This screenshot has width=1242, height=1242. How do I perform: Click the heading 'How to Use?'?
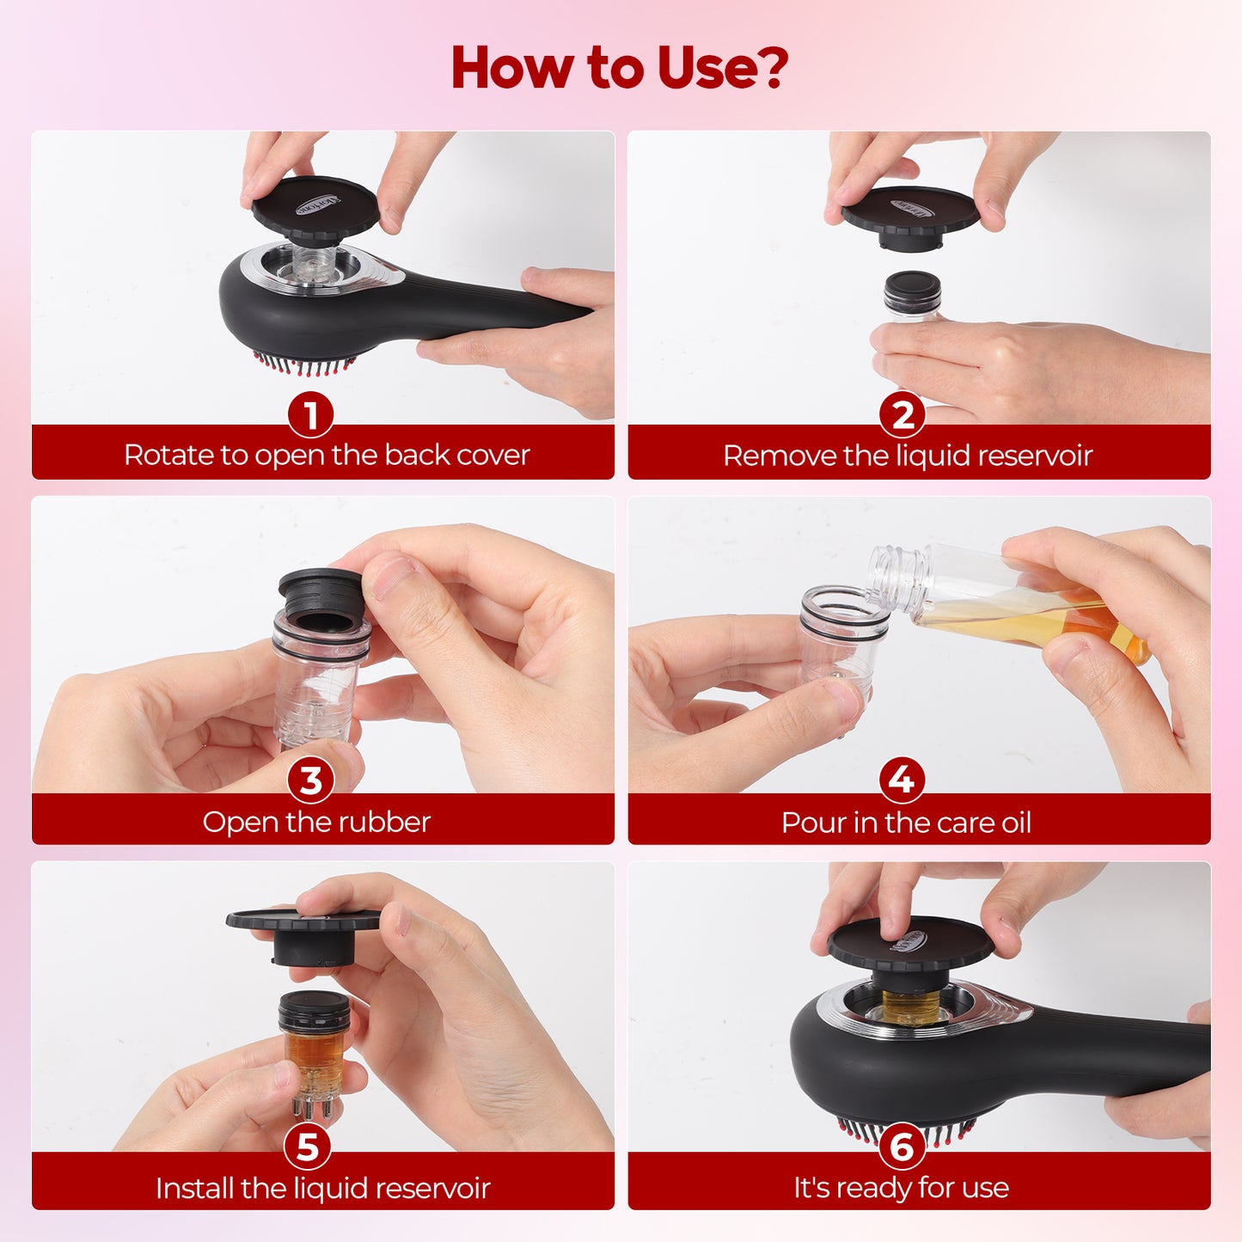click(x=620, y=68)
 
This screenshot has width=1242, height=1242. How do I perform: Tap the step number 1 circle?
click(x=310, y=416)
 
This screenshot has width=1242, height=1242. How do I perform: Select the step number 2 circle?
click(x=902, y=416)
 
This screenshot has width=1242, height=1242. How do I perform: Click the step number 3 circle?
click(x=310, y=781)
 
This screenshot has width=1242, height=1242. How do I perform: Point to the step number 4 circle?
click(x=902, y=780)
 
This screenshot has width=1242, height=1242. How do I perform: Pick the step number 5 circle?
click(x=308, y=1147)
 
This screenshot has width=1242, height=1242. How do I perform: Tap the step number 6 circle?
click(x=902, y=1147)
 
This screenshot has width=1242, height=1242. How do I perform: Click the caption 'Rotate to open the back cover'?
click(x=327, y=455)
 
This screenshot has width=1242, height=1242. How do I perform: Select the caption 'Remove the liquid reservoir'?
click(x=908, y=455)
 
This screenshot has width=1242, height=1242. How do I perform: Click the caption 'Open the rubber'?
click(x=316, y=822)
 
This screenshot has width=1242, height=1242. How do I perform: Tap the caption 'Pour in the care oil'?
click(x=906, y=823)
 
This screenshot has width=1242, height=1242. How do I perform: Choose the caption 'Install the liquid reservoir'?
click(x=322, y=1188)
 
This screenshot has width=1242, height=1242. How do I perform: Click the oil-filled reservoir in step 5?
click(x=315, y=1044)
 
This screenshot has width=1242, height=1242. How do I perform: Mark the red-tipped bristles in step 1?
click(x=305, y=365)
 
